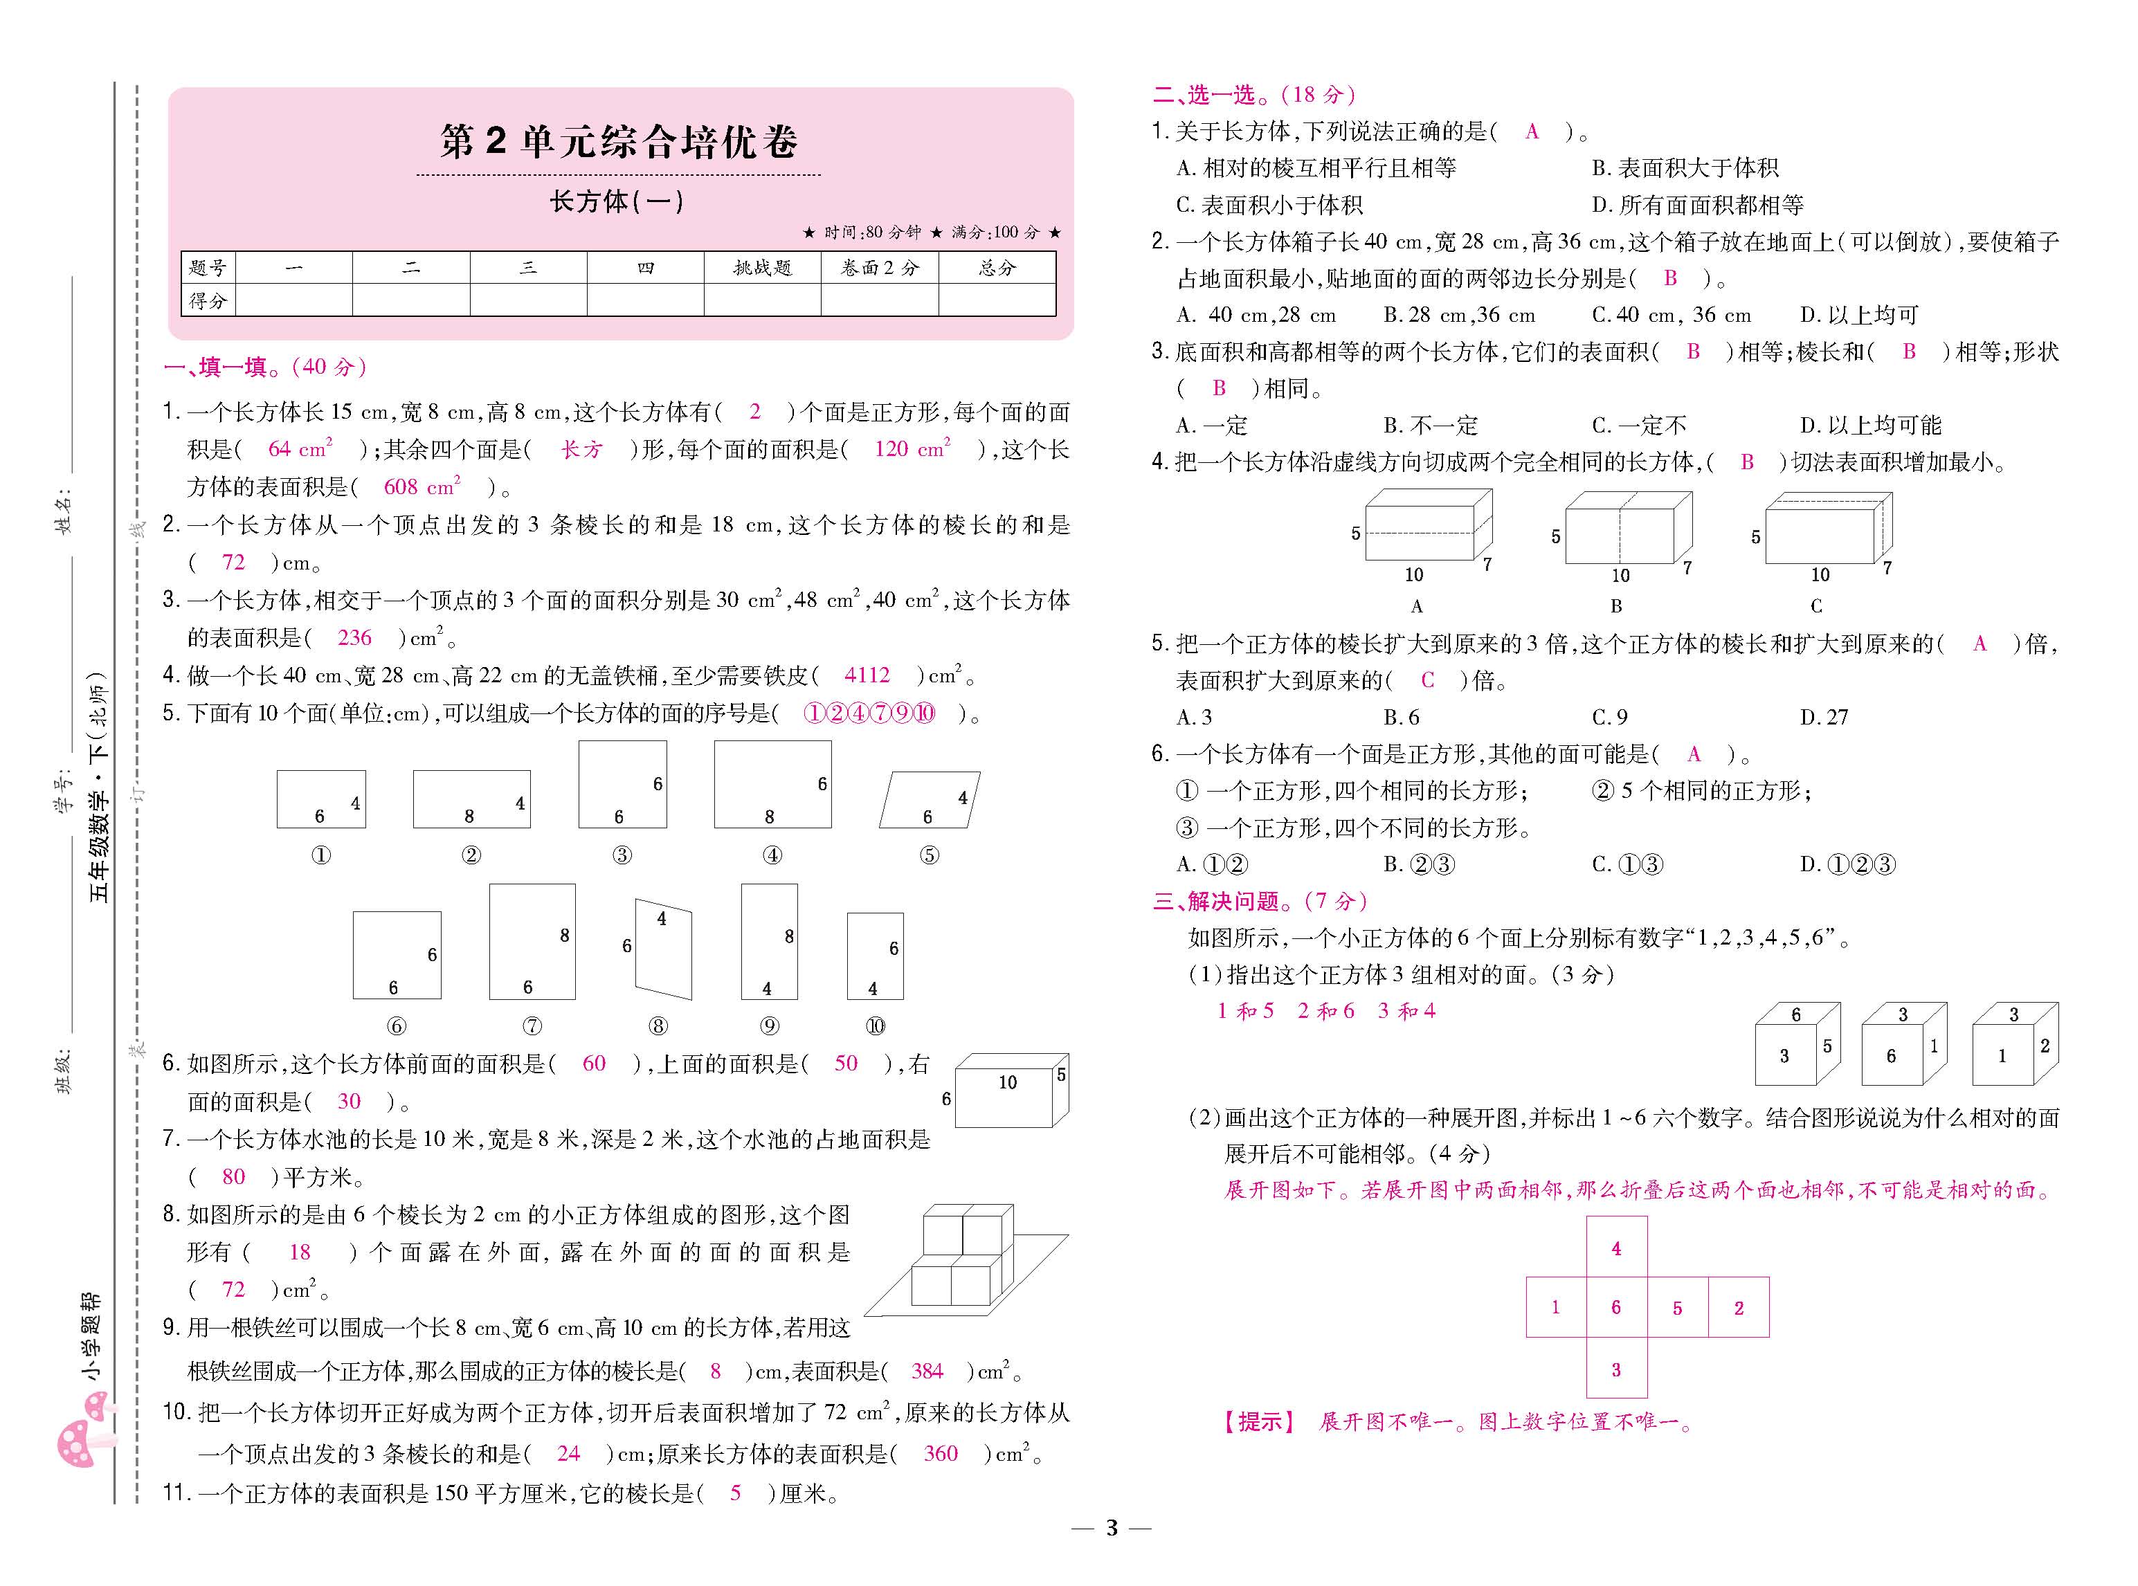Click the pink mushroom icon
(84, 1432)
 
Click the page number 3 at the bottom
(1112, 1527)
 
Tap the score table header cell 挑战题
(762, 268)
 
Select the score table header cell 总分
(997, 268)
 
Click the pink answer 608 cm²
(422, 486)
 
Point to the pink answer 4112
(867, 675)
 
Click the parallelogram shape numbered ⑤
(930, 799)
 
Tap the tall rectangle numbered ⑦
(533, 942)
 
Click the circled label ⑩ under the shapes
(876, 1026)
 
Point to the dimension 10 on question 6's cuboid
(1007, 1082)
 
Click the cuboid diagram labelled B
(1628, 528)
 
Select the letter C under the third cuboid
(1816, 605)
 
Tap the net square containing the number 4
(1617, 1247)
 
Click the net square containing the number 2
(1739, 1308)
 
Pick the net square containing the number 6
(1617, 1308)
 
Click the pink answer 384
(927, 1371)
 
